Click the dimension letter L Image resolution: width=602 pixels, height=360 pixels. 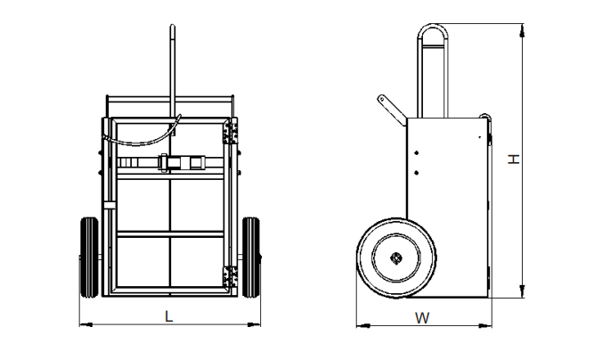click(168, 316)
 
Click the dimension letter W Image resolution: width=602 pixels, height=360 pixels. click(422, 318)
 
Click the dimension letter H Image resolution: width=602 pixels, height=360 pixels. click(514, 160)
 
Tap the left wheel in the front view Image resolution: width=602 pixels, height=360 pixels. click(89, 258)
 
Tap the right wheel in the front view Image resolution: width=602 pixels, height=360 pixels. click(251, 258)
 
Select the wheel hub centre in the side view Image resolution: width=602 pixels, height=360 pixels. click(395, 258)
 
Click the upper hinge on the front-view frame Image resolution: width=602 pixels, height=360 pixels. click(231, 131)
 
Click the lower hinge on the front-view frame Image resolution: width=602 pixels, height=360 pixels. click(231, 277)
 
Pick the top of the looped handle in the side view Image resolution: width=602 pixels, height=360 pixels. click(433, 26)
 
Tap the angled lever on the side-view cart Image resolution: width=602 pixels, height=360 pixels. click(391, 110)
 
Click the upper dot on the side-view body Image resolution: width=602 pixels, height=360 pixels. click(417, 153)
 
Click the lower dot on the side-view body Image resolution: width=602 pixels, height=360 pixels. click(417, 173)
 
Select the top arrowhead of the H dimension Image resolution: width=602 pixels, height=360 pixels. click(522, 30)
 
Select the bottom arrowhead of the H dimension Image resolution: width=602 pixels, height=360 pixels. click(522, 291)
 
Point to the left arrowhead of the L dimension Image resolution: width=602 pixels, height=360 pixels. click(86, 325)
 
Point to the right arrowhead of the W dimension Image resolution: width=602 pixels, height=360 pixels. click(485, 326)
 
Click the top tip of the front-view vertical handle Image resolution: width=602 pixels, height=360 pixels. click(173, 26)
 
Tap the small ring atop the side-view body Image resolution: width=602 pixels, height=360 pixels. click(484, 115)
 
